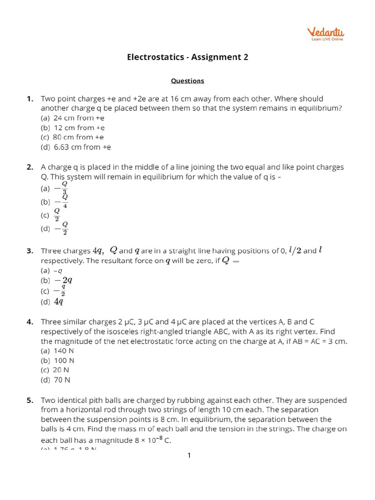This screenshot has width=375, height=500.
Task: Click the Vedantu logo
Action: (x=326, y=34)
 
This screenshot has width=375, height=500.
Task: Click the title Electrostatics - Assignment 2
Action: (x=187, y=57)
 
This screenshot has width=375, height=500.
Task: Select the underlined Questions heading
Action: (x=187, y=81)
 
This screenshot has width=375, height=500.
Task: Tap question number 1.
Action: (x=30, y=99)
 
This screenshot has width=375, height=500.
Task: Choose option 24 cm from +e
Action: (x=73, y=118)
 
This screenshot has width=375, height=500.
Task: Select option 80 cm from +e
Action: (x=72, y=137)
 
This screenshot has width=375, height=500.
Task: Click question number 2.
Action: (x=30, y=167)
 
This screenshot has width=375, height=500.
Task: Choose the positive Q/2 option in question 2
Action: (x=57, y=214)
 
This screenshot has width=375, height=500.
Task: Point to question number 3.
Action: (x=30, y=251)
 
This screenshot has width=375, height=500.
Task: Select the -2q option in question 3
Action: (x=63, y=280)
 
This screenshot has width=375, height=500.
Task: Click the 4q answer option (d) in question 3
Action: (x=59, y=302)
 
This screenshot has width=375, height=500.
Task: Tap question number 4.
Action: (x=30, y=322)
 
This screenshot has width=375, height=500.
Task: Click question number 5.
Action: (x=30, y=400)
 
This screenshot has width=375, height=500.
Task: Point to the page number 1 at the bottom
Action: (x=189, y=456)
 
